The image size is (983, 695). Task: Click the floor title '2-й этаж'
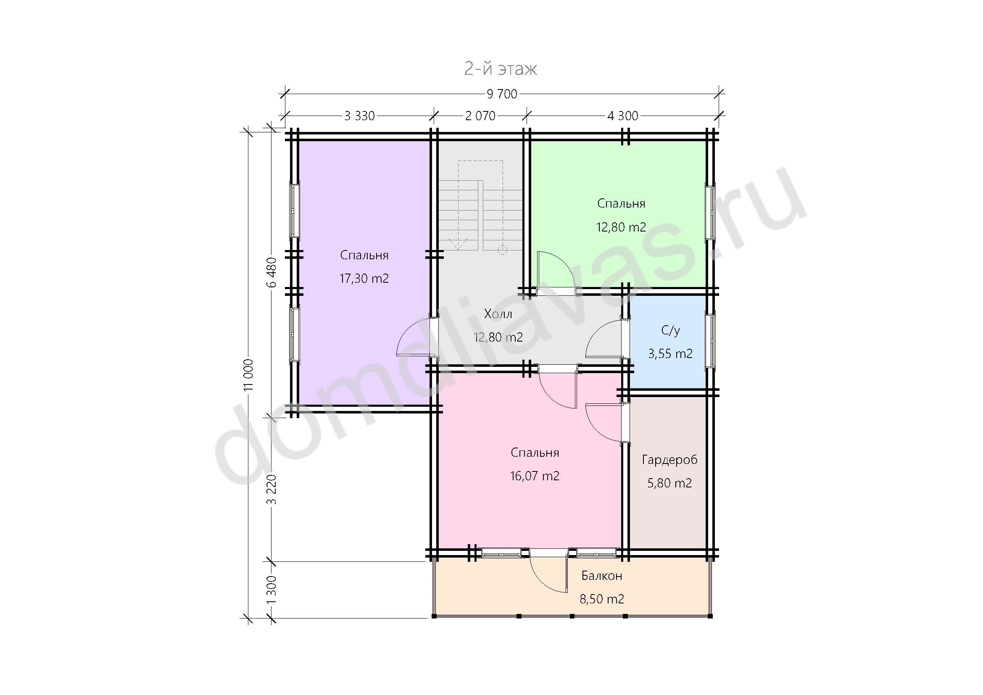point(501,68)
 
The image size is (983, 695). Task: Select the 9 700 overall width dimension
point(502,94)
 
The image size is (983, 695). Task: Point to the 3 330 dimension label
point(360,116)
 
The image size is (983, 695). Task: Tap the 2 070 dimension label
point(480,116)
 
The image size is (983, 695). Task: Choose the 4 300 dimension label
point(622,116)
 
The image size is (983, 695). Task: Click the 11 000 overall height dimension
point(248,375)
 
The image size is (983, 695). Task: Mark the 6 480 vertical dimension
point(272,273)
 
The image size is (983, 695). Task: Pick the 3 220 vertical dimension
point(272,490)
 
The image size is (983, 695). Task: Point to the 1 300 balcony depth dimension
point(272,590)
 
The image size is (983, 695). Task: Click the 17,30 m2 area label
point(364,279)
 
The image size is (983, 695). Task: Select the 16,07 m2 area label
point(535,476)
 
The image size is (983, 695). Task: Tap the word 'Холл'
point(498,314)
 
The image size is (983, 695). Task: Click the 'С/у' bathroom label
point(670,330)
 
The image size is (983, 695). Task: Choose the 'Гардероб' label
point(669,460)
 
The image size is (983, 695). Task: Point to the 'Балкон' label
point(601,576)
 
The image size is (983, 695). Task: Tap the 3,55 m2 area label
point(670,354)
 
